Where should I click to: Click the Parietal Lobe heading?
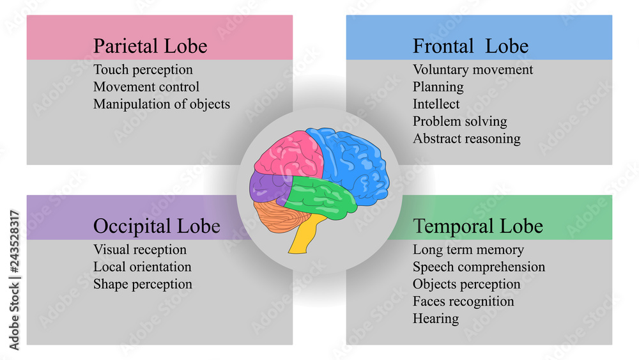[x=150, y=45]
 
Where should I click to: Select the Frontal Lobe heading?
[x=470, y=45]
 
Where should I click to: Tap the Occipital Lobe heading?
[x=157, y=226]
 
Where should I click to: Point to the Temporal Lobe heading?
[x=477, y=226]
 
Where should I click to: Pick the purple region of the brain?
[x=267, y=187]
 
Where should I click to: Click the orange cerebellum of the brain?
[x=279, y=216]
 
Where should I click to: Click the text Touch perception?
[x=143, y=70]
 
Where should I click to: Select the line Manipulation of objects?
[x=162, y=104]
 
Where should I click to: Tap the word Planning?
[x=438, y=87]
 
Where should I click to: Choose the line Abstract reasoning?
[x=466, y=139]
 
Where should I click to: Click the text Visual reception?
[x=140, y=250]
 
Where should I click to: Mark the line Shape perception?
[x=142, y=285]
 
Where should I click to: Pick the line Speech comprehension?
[x=479, y=267]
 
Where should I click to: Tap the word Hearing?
[x=436, y=319]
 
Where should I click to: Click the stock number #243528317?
[x=14, y=241]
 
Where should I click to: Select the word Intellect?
[x=436, y=104]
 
